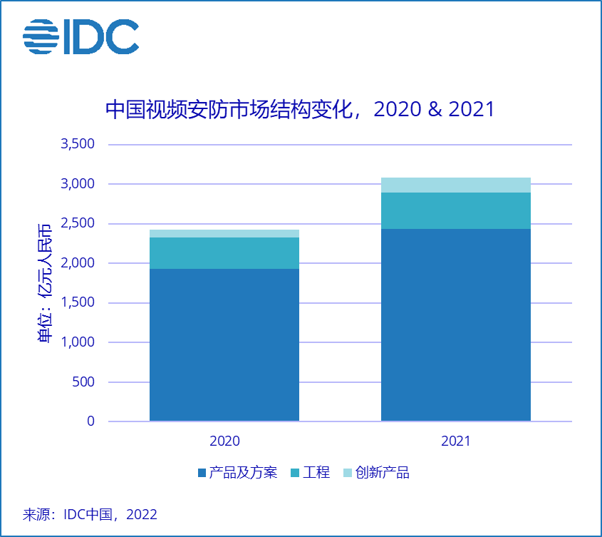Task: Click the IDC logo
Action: [x=81, y=36]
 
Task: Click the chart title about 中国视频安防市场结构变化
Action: [x=299, y=109]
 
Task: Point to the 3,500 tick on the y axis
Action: [x=78, y=144]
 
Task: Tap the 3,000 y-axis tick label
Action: [x=78, y=184]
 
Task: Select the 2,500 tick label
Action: [x=78, y=223]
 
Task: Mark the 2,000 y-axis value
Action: [x=78, y=263]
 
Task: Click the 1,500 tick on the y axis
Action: [x=78, y=302]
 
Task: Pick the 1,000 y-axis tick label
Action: [x=78, y=342]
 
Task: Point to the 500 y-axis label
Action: [x=83, y=382]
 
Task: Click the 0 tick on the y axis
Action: [x=90, y=421]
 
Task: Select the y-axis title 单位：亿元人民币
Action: [x=45, y=283]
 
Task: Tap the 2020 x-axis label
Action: [x=224, y=441]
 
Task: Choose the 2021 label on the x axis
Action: [x=455, y=441]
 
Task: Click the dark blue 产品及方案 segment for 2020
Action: [x=224, y=344]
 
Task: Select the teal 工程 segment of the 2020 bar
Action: [x=224, y=253]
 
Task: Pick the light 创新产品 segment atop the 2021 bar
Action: [x=455, y=185]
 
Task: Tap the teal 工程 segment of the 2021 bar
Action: [x=455, y=210]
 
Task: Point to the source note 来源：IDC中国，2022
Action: [x=90, y=514]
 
